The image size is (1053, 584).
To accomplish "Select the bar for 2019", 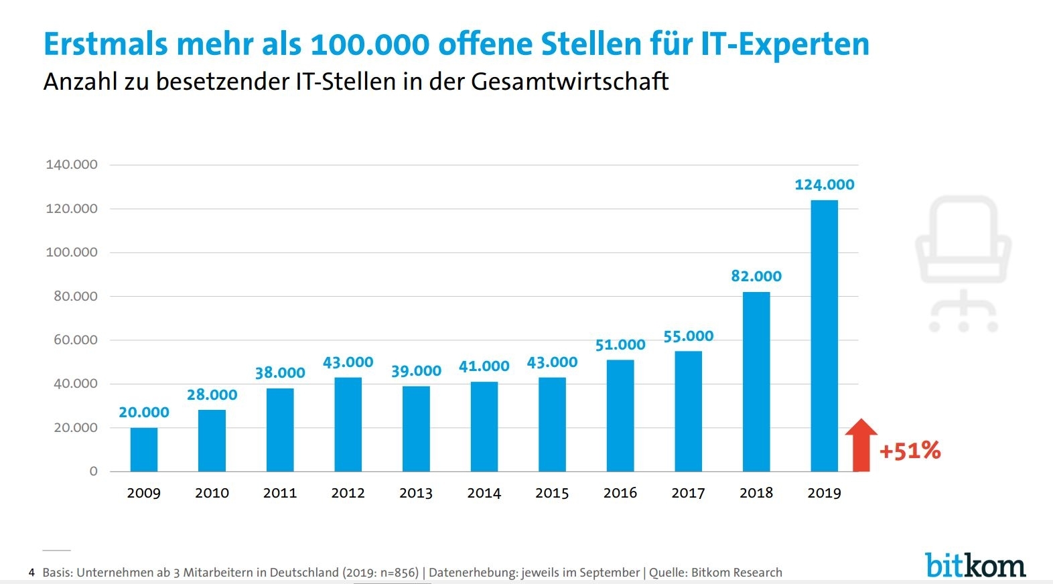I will (824, 336).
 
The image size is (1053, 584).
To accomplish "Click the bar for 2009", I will (144, 449).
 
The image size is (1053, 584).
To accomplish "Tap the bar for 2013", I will (416, 429).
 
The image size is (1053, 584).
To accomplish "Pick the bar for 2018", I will (756, 382).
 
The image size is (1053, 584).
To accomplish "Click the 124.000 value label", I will (824, 185).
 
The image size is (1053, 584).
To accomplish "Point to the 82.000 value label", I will (756, 276).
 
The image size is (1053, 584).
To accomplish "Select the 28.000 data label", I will (212, 395).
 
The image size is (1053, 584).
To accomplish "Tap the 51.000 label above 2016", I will (620, 345).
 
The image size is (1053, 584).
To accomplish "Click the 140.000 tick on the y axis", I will (72, 165).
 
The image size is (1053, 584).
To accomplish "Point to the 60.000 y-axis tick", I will (76, 340).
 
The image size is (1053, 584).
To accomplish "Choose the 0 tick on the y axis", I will (94, 471).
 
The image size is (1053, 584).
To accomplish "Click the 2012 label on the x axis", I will (348, 493).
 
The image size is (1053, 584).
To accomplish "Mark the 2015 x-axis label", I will (552, 493).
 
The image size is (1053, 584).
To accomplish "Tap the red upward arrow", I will (861, 445).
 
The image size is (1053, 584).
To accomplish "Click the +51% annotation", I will (910, 451).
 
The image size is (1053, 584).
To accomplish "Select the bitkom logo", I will (975, 565).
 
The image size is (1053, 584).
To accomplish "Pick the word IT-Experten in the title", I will (785, 44).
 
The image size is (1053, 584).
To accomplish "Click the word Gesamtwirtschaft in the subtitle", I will (569, 82).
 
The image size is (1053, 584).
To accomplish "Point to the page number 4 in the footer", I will (31, 573).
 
